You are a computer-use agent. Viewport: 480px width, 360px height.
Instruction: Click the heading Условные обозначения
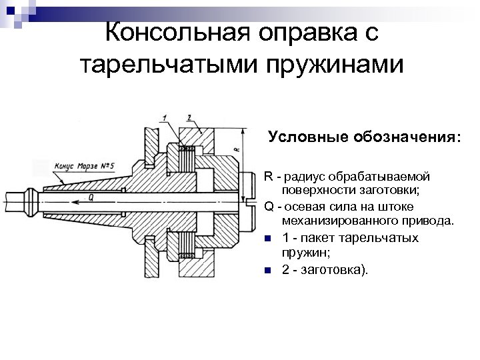(x=364, y=137)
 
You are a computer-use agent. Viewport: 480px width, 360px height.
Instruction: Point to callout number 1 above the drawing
(x=164, y=118)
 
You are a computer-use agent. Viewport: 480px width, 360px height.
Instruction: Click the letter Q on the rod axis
(x=90, y=198)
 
